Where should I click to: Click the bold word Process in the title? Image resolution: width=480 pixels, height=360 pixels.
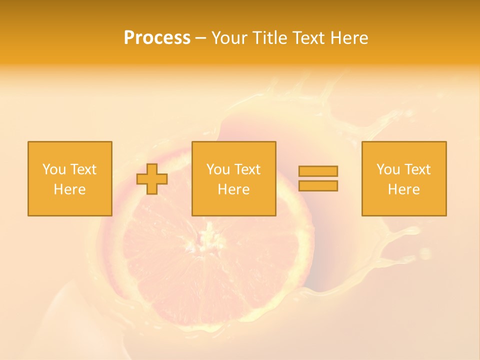(x=157, y=38)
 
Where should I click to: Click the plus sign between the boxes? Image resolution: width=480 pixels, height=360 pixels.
(x=152, y=179)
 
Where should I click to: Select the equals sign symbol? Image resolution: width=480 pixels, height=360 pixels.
(x=318, y=178)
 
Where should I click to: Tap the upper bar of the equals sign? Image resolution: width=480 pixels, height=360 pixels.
(x=318, y=171)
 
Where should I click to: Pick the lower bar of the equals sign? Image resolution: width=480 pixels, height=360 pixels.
(x=318, y=186)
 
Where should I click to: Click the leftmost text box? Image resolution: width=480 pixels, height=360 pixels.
(x=69, y=178)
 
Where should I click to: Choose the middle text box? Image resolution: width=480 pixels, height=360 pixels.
(x=233, y=178)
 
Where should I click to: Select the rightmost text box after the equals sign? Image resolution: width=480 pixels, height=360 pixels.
(x=404, y=178)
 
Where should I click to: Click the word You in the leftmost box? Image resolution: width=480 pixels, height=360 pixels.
(x=53, y=169)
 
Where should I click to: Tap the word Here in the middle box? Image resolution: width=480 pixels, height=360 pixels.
(x=233, y=189)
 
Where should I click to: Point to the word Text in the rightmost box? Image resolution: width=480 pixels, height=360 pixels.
(x=417, y=169)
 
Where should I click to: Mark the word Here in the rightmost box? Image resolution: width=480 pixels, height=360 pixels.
(x=404, y=189)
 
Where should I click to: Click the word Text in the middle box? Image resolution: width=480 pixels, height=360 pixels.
(x=247, y=169)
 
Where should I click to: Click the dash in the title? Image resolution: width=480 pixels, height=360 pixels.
(x=200, y=38)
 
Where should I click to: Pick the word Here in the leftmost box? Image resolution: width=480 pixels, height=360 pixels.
(x=69, y=189)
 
